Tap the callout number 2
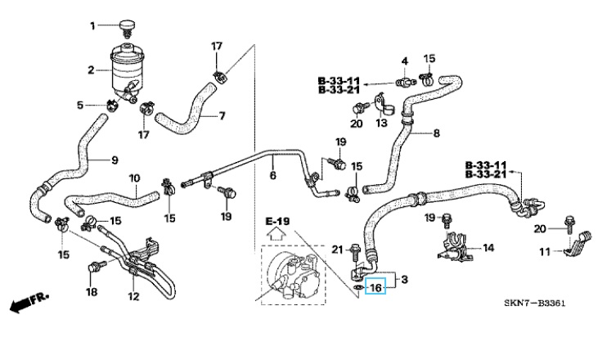click(x=92, y=70)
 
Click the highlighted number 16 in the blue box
click(x=375, y=286)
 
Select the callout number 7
click(x=221, y=115)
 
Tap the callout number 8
click(x=436, y=133)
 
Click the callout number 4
click(x=404, y=61)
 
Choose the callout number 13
click(x=381, y=123)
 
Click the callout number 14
click(x=488, y=247)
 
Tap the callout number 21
click(x=337, y=249)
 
